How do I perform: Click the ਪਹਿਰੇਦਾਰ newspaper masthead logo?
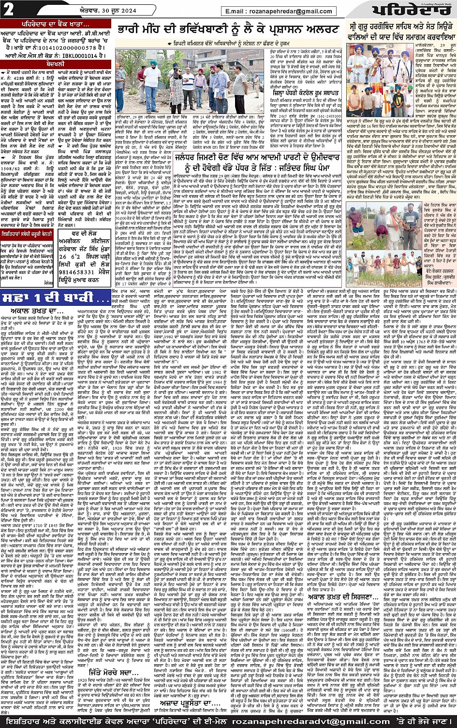click(411, 10)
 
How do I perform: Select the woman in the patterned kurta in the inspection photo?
click(175, 92)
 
